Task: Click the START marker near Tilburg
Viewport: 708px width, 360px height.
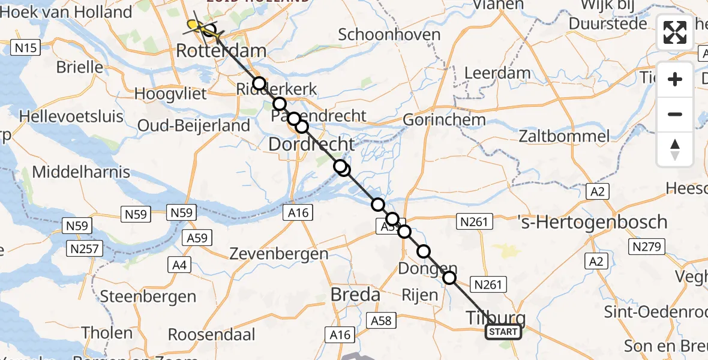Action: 503,332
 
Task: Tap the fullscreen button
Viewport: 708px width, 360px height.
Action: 675,32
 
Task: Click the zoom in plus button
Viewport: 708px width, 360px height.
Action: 675,79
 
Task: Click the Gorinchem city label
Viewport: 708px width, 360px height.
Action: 444,119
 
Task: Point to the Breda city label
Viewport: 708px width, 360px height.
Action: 356,295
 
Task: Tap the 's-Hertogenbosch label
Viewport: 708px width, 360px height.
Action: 592,222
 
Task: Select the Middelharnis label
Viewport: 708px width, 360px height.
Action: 81,172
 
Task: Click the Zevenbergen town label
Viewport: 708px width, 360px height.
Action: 279,254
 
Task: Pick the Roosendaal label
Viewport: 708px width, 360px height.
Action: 212,334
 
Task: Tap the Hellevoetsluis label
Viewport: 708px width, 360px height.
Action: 71,116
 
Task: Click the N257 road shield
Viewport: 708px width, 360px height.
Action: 86,248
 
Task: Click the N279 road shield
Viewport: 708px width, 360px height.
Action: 645,246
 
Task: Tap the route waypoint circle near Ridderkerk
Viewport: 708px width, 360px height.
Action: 259,83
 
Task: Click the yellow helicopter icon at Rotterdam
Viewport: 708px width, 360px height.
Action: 193,25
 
